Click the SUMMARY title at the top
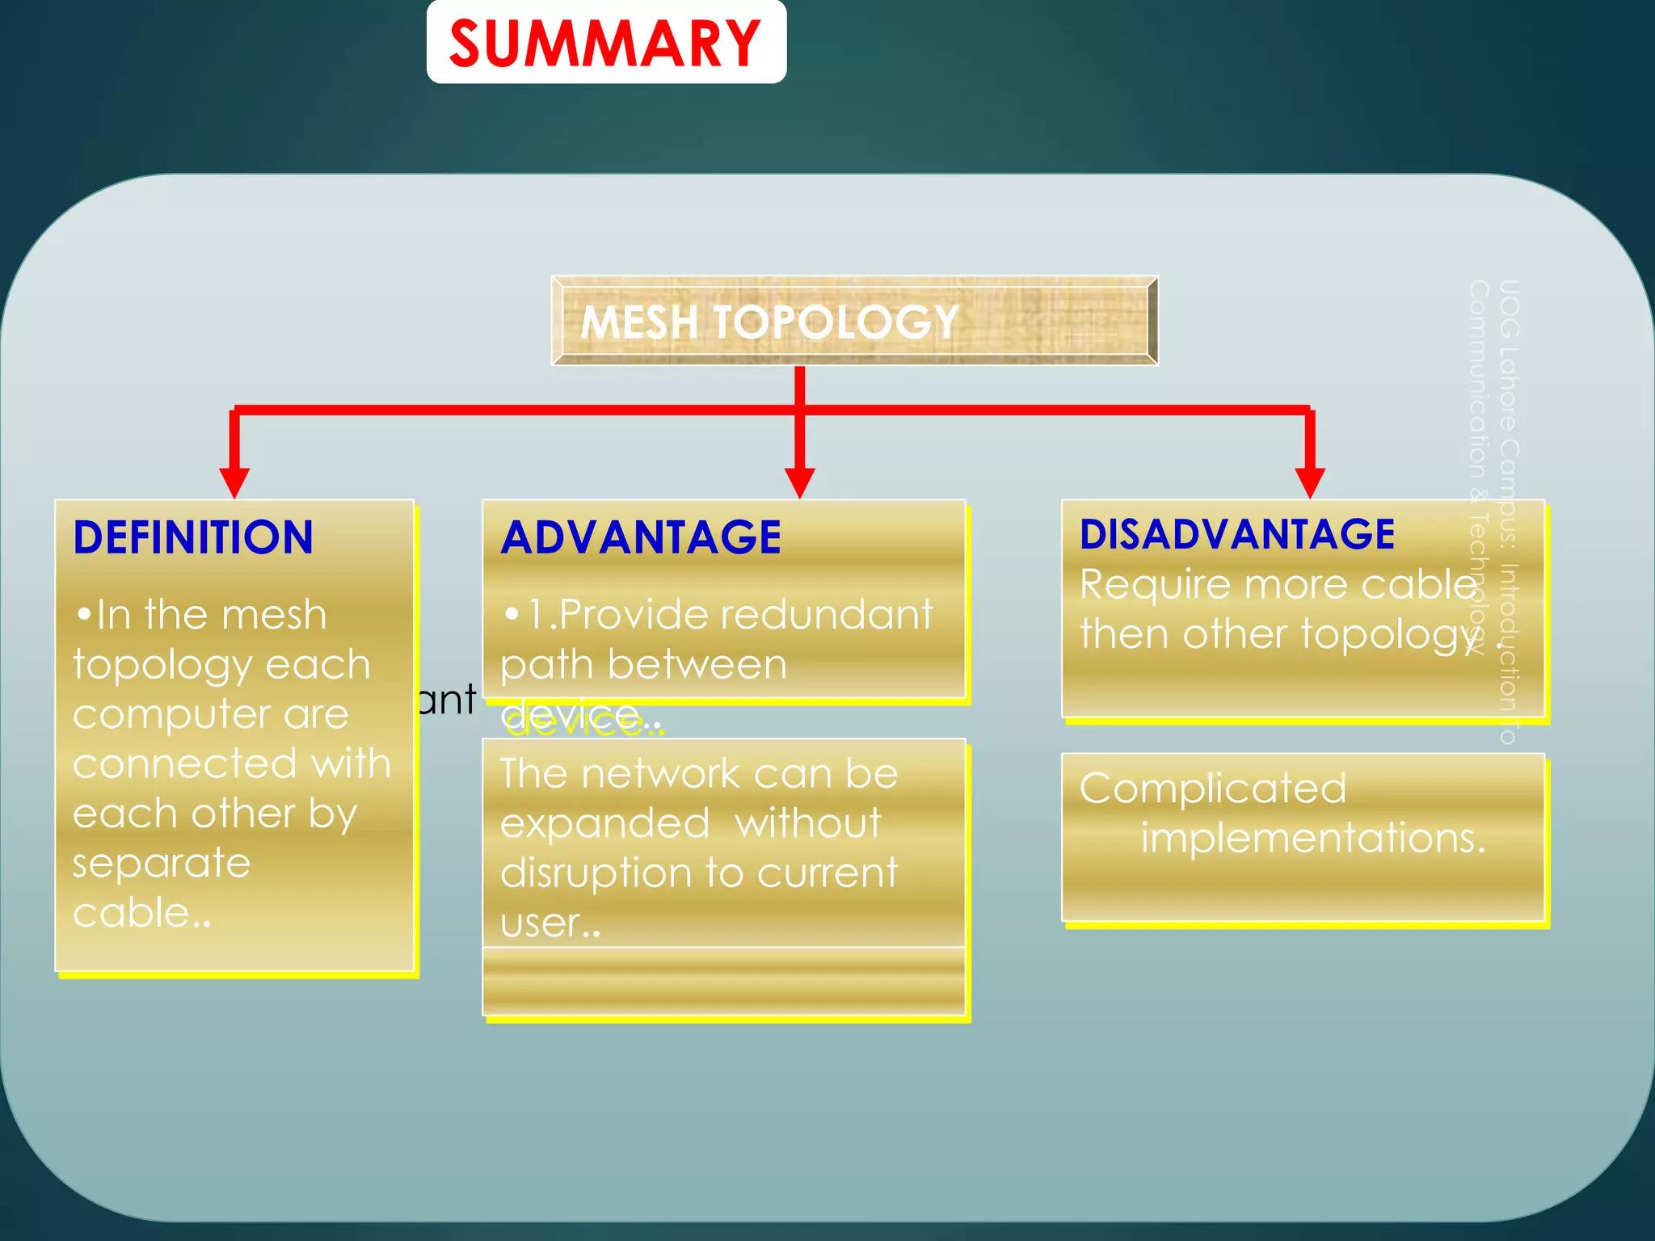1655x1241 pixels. click(605, 44)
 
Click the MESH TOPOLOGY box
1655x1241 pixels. click(853, 321)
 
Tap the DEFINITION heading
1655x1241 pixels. click(193, 537)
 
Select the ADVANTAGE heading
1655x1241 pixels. click(641, 537)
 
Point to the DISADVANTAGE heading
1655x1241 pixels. click(1236, 534)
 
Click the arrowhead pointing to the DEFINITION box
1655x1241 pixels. click(234, 482)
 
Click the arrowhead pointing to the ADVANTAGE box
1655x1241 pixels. click(799, 482)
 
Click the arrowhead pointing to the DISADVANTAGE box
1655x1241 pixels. click(1309, 482)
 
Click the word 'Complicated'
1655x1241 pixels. click(1212, 789)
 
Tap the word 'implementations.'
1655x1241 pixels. click(1312, 838)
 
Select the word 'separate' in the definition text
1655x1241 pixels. click(162, 864)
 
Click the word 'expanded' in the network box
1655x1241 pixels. click(604, 824)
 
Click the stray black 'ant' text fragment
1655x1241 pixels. click(447, 700)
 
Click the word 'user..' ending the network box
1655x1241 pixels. click(550, 923)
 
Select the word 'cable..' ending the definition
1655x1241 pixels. click(141, 913)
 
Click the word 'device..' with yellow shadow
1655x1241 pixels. click(580, 717)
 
